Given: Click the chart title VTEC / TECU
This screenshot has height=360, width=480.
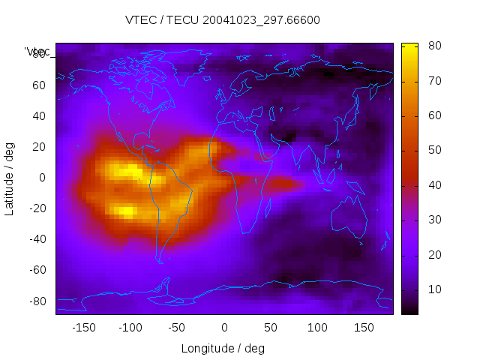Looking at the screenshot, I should point(222,20).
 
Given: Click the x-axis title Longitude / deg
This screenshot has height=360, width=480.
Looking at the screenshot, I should point(223,349).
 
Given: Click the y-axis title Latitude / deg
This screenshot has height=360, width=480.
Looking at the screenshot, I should point(10,178).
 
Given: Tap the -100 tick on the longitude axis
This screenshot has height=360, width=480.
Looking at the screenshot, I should point(130,328).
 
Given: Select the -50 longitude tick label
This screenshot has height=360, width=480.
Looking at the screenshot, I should point(177,328).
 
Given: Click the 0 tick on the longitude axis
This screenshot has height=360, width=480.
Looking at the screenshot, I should point(224,328).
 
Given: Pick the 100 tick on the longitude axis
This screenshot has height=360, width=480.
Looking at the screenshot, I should point(318,328).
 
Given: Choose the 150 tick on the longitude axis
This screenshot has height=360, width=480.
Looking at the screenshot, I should point(364,328).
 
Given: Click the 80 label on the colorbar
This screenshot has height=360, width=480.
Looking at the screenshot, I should point(433,46).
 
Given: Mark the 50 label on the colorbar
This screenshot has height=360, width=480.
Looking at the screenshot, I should point(433,150).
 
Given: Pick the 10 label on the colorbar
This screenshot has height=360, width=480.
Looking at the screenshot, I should point(433,289).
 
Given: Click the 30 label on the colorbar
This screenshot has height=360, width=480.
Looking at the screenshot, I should point(433,220).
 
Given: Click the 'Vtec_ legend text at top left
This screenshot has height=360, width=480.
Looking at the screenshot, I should point(37,52).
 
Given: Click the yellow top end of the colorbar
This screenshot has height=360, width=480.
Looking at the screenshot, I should point(409,46).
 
